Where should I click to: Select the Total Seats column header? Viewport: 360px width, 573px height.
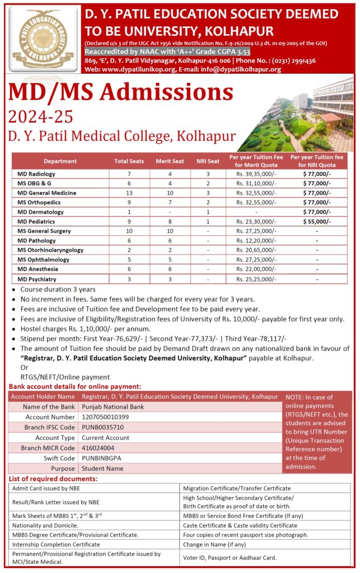pos(129,161)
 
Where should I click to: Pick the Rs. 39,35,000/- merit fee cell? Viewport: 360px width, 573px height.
pos(256,174)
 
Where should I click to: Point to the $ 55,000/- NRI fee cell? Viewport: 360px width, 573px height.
pos(317,222)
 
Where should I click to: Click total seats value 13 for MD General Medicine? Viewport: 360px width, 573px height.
pos(129,193)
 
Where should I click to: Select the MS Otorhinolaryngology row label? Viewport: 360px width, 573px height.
pos(50,250)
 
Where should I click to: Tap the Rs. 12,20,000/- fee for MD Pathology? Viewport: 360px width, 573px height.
pos(256,241)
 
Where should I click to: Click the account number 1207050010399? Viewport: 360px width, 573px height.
pos(105,417)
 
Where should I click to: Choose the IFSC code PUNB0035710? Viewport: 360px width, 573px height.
pos(103,428)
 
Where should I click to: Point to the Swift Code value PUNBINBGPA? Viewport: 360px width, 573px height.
pos(101,458)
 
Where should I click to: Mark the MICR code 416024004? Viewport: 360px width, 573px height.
pos(98,448)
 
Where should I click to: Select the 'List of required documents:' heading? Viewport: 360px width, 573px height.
pos(54,479)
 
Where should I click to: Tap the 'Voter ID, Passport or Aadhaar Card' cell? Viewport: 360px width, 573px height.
pos(230,557)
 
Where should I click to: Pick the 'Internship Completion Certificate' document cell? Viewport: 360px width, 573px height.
pos(56,544)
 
